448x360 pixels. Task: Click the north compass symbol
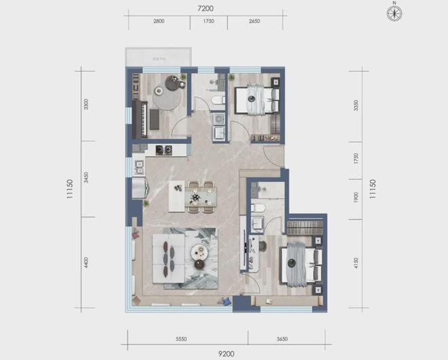[393, 12]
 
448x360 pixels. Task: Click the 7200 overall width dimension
[206, 9]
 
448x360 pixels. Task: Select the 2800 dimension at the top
[159, 22]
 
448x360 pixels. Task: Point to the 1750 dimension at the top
[208, 22]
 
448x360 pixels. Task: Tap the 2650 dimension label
[255, 22]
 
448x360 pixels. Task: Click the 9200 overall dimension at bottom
[227, 353]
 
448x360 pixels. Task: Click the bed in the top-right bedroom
[257, 102]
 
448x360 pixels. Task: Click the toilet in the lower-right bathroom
[257, 208]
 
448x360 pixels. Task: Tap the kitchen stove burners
[163, 150]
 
